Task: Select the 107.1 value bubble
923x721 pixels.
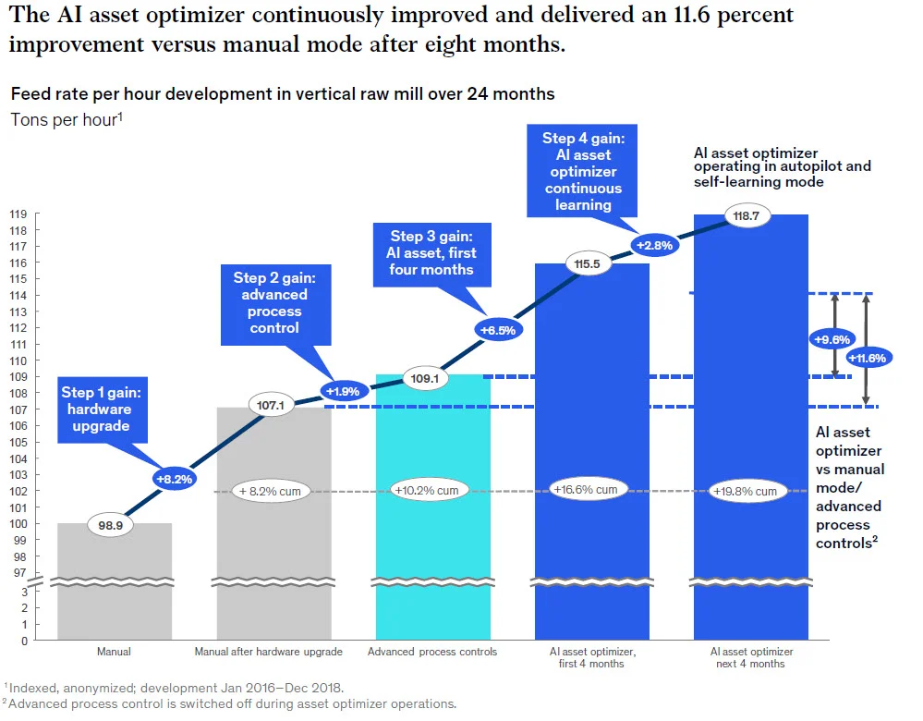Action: coord(271,404)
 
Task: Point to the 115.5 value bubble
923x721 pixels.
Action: coord(589,263)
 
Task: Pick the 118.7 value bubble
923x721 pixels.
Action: coord(747,215)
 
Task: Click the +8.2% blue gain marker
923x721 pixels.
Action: coord(174,479)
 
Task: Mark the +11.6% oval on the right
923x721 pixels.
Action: coord(868,358)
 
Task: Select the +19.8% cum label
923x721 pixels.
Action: coord(745,491)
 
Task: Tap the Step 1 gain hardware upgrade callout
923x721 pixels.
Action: coord(97,409)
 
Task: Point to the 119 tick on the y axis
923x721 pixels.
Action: coord(18,214)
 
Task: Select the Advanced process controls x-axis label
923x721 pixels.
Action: coord(431,652)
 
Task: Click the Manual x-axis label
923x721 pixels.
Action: coord(114,652)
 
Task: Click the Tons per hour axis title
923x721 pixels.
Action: coord(66,120)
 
